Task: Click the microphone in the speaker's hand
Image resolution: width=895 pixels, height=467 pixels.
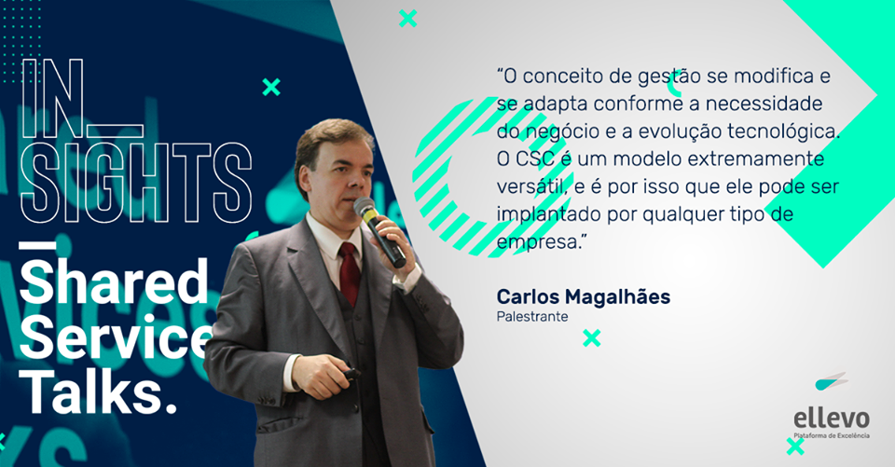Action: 379,231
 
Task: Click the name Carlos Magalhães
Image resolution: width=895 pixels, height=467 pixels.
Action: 584,296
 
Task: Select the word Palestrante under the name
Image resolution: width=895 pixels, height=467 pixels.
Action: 532,316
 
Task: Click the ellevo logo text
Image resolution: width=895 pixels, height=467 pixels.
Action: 832,419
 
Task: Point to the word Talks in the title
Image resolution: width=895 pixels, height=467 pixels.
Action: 98,392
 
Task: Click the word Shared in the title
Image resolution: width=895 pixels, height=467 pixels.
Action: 114,282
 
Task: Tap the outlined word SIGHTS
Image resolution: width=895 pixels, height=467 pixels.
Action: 136,182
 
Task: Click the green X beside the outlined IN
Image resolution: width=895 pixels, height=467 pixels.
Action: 271,87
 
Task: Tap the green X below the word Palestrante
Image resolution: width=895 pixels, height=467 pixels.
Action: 592,338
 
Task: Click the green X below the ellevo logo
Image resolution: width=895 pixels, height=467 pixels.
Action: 795,446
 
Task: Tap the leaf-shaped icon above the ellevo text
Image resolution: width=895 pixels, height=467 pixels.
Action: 831,381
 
